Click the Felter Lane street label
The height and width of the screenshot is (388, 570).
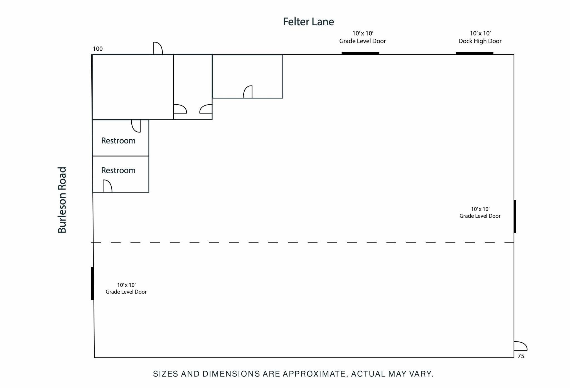pos(308,22)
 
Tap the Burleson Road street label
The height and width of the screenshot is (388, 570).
pos(62,200)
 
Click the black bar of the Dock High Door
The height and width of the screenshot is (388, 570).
pos(474,53)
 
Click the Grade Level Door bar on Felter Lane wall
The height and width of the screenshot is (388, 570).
pos(360,53)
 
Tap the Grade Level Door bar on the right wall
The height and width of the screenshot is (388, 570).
pos(515,216)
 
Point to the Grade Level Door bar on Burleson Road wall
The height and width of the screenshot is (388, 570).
pos(92,283)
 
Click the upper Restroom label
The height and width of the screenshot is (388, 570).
pos(118,141)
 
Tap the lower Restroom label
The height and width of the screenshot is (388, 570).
pos(118,170)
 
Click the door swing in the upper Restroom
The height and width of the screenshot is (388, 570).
pos(136,126)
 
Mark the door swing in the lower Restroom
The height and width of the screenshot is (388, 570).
pos(107,186)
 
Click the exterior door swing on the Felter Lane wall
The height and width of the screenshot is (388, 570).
pos(158,48)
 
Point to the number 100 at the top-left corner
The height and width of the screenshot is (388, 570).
pos(98,49)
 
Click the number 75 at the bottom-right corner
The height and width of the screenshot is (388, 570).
pos(521,356)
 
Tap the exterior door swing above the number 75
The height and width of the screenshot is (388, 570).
pos(520,346)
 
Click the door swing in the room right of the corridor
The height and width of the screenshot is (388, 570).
pos(248,92)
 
